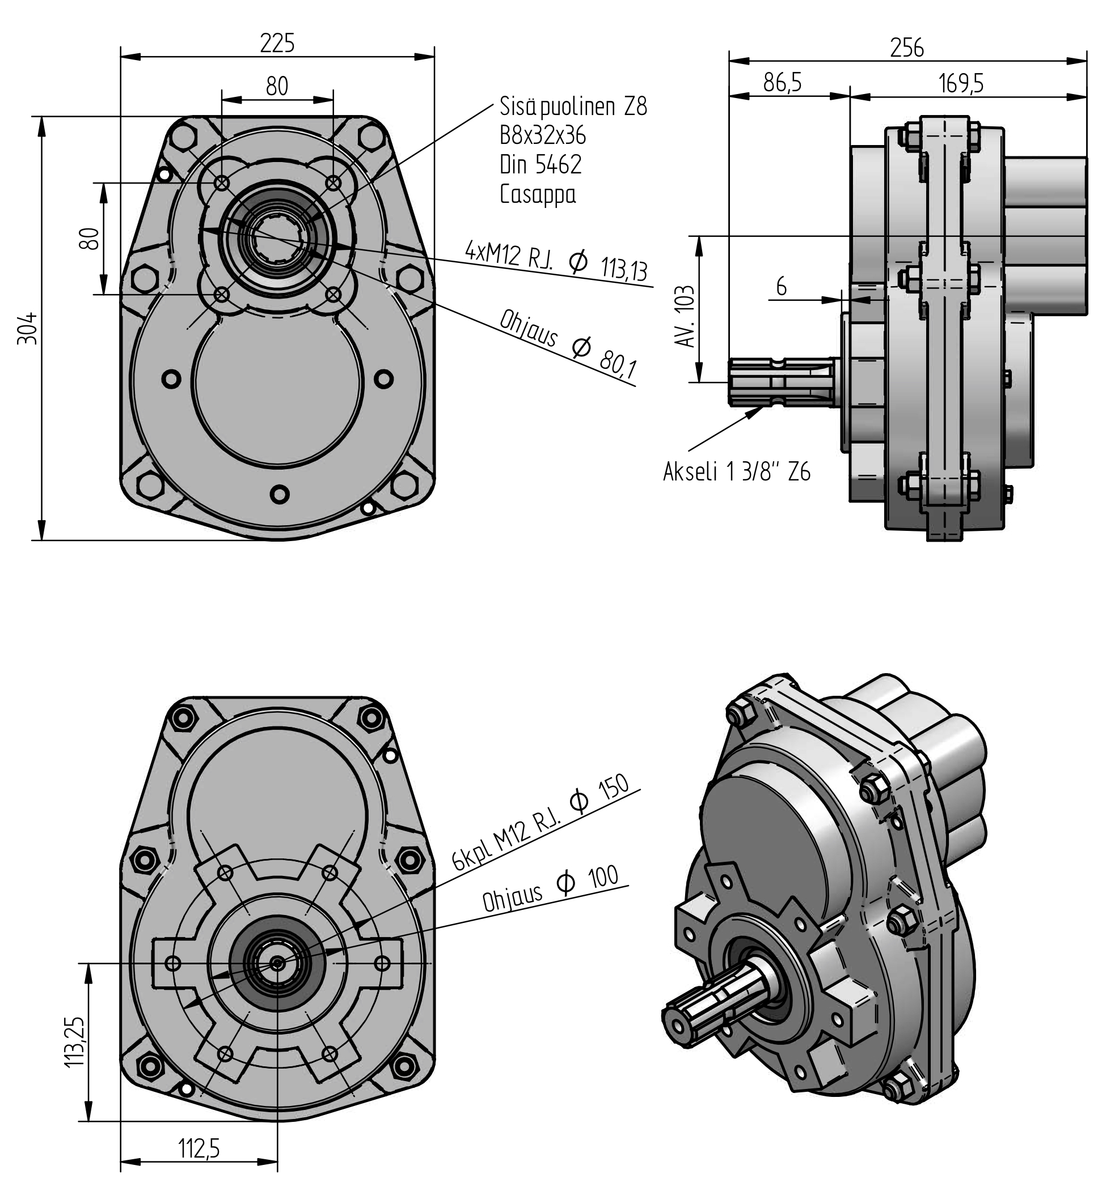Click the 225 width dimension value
point(277,44)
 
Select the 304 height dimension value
point(28,328)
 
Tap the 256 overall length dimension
point(906,48)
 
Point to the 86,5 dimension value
point(782,83)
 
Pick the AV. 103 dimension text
point(686,316)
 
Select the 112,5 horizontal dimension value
point(199,1148)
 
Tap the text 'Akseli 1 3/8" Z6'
point(736,472)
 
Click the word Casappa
point(538,194)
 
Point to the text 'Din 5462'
point(541,164)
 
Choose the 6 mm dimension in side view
point(781,286)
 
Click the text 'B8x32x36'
point(543,135)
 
